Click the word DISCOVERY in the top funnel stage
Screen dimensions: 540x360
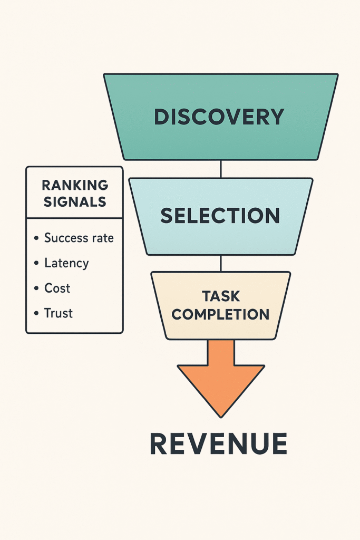pos(219,117)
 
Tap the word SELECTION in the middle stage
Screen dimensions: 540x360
pos(220,216)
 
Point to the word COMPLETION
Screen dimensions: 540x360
pos(220,314)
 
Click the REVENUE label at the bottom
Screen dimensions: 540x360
pos(218,443)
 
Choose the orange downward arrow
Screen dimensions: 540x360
pos(221,377)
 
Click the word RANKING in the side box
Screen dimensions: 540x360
pos(74,186)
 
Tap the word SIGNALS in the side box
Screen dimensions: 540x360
pos(74,201)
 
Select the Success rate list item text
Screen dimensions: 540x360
pos(79,238)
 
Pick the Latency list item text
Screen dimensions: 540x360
pos(66,263)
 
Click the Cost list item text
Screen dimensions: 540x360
pos(57,288)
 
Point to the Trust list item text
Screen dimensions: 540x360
pos(58,313)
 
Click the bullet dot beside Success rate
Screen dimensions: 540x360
pos(36,238)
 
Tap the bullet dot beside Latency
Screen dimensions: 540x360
pos(36,263)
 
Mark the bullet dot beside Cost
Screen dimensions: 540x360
pos(36,288)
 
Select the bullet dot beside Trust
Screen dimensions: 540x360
pos(36,314)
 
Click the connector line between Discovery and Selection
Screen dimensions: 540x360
pos(221,169)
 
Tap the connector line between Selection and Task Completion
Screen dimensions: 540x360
pos(221,263)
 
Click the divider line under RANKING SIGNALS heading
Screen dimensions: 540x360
pos(74,218)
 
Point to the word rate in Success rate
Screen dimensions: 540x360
pos(102,238)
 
